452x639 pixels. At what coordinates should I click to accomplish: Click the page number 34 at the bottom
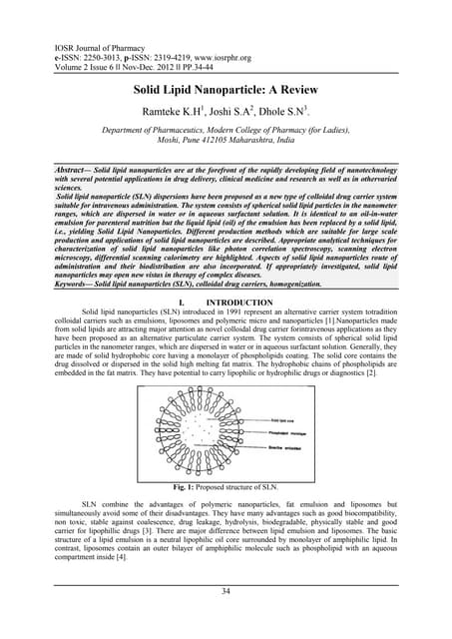point(226,591)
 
